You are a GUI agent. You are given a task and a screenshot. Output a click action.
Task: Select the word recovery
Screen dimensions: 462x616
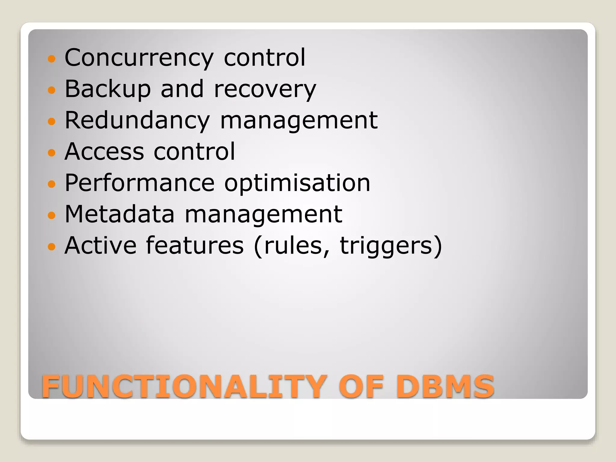click(x=265, y=89)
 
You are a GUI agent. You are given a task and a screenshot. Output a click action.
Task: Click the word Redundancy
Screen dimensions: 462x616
click(x=137, y=120)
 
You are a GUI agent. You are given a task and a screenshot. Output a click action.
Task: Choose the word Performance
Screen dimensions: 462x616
click(x=140, y=183)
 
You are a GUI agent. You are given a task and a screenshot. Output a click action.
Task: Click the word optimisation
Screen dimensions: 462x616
click(x=297, y=183)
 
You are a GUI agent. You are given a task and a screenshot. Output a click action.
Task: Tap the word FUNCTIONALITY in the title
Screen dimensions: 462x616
click(x=184, y=386)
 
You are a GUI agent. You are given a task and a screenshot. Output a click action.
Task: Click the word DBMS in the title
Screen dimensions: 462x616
click(x=445, y=386)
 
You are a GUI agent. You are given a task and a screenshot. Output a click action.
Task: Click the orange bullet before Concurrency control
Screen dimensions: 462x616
click(x=52, y=59)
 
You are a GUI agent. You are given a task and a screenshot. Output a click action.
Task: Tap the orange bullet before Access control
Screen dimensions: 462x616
click(x=52, y=152)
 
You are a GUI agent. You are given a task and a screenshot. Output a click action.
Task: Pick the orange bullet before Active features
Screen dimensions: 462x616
click(x=52, y=247)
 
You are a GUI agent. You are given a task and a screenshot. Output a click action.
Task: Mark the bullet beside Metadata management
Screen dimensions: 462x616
click(x=52, y=215)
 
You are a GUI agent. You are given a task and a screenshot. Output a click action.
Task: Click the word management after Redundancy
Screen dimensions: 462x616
click(x=299, y=120)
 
